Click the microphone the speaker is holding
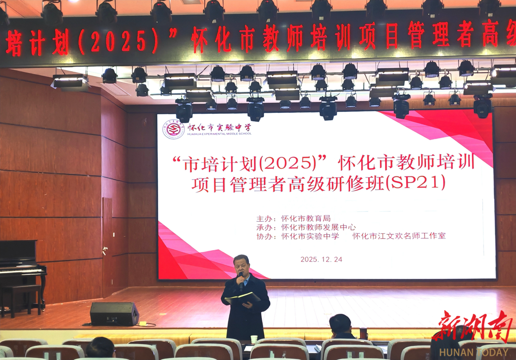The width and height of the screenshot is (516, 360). [241, 281]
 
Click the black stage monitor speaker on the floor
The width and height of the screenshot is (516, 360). [114, 314]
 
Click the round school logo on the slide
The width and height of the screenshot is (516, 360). [173, 129]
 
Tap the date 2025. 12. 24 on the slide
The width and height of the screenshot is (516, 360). [321, 260]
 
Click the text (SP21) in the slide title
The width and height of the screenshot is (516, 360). [415, 182]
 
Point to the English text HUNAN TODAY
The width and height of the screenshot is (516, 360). [473, 352]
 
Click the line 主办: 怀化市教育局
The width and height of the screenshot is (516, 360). [293, 218]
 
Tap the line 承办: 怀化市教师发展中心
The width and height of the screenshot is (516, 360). [306, 227]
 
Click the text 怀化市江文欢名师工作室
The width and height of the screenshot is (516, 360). [399, 236]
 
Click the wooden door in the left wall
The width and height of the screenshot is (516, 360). [107, 247]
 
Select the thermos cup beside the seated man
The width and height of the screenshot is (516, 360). [363, 333]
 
